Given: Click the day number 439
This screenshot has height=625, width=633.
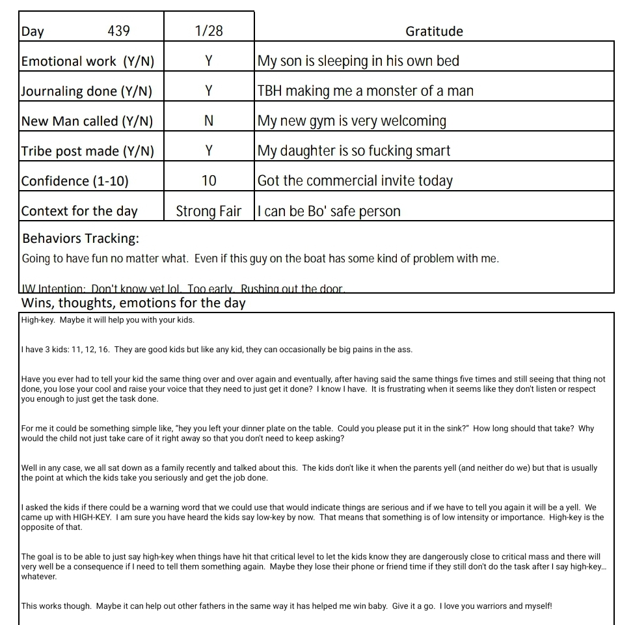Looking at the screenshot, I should click(118, 31).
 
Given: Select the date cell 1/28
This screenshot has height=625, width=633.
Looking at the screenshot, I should click(208, 31).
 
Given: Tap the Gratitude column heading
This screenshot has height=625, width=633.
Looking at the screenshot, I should click(434, 31).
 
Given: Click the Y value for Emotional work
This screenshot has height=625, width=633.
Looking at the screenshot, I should click(208, 61).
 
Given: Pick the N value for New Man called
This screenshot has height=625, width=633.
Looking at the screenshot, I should click(208, 121).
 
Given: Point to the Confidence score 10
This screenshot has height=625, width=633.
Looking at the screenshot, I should click(208, 181).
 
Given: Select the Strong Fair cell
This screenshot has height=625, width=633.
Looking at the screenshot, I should click(208, 211).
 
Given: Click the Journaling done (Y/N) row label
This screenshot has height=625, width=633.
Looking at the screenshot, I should click(87, 91).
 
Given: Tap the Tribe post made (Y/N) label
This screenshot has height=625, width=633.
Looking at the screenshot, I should click(87, 151).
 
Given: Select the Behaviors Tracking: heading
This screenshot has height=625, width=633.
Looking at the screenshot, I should click(80, 238).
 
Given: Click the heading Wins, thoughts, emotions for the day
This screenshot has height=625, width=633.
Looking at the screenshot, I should click(133, 303).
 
